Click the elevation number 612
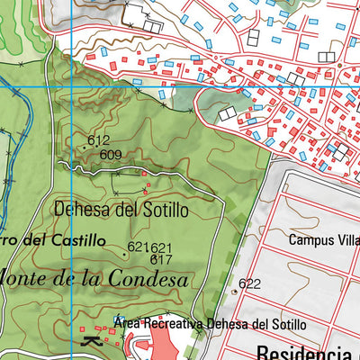[99, 140]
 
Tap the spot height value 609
[112, 155]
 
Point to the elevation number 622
[250, 283]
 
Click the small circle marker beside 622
[235, 292]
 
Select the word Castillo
[76, 241]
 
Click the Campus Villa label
[323, 240]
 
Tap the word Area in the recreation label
[130, 323]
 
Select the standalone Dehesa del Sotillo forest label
[121, 210]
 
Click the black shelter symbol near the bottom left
[90, 341]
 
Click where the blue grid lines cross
[48, 85]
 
